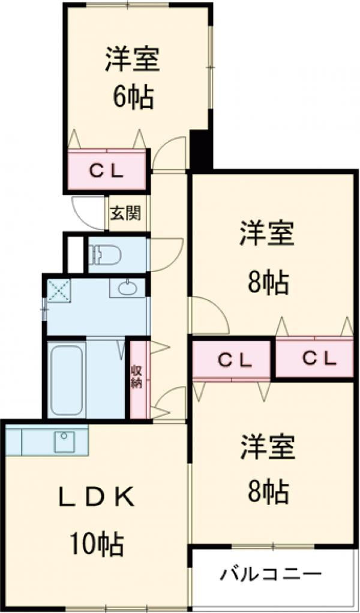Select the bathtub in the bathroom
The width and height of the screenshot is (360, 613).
[x=65, y=378]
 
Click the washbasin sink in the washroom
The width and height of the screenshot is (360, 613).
[x=127, y=289]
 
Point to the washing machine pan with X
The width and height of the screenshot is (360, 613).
[x=59, y=291]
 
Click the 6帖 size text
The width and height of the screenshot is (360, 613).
[x=133, y=96]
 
